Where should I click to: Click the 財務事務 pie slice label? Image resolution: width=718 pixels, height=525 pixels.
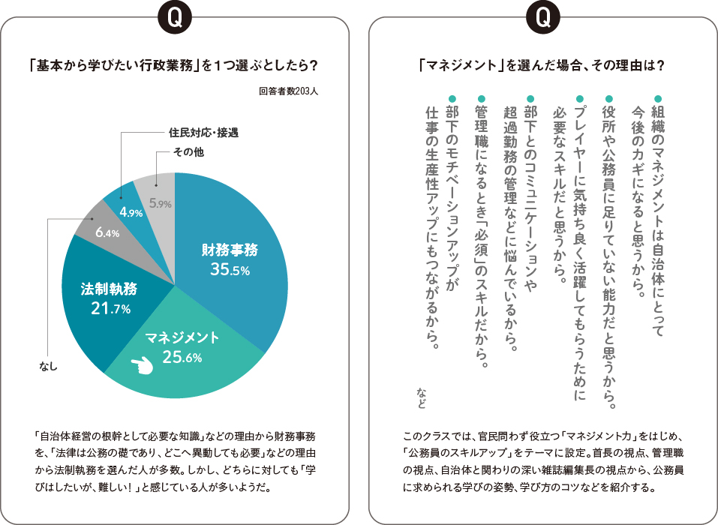pos(230,250)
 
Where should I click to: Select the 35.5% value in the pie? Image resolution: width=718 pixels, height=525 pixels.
pos(230,271)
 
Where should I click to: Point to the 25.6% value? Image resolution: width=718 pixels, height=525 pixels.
pos(182,358)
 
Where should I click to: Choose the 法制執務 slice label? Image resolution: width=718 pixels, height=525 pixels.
pos(109,288)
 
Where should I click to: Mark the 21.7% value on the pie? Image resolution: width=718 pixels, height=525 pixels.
pos(109,308)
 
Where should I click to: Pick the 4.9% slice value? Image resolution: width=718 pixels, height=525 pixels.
pos(131,212)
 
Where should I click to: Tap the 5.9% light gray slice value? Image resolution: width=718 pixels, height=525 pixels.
pos(161,202)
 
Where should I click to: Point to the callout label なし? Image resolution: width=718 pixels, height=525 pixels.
pos(48,367)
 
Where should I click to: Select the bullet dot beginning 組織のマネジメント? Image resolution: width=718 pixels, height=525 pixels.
pos(658,97)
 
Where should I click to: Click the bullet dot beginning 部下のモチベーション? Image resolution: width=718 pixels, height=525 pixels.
pos(452,97)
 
